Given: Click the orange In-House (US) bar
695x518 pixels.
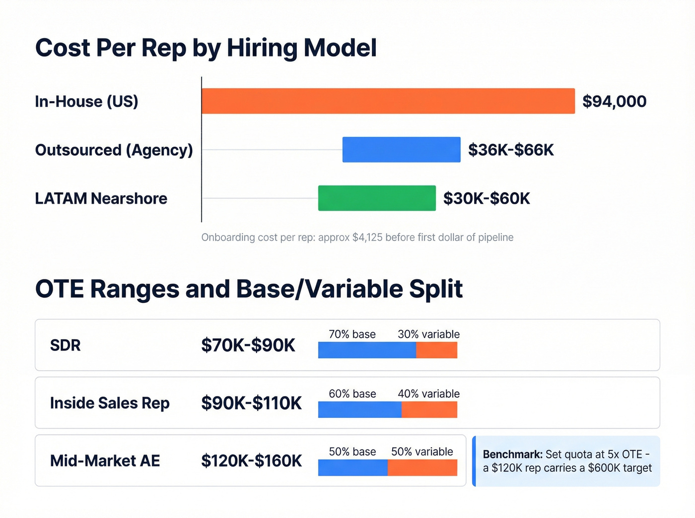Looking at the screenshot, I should pyautogui.click(x=388, y=101).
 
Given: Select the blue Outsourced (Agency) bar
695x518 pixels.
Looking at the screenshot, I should pyautogui.click(x=401, y=150).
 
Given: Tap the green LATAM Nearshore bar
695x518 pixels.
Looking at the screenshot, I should pyautogui.click(x=377, y=198).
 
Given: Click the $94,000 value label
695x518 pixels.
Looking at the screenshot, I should pyautogui.click(x=614, y=102).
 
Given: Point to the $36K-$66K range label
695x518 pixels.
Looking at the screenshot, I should pyautogui.click(x=510, y=150).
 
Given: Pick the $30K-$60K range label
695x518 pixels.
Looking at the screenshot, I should pyautogui.click(x=486, y=199).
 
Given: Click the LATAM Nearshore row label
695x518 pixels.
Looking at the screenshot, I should pyautogui.click(x=101, y=199).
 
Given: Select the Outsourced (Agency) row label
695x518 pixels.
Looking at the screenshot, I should pyautogui.click(x=114, y=150).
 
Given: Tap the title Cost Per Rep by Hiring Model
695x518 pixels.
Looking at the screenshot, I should pyautogui.click(x=206, y=48).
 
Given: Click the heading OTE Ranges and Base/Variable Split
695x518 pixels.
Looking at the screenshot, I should pyautogui.click(x=249, y=289).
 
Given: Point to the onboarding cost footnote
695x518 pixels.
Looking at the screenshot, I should pyautogui.click(x=357, y=237).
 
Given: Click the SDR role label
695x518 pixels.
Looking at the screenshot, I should pyautogui.click(x=65, y=345).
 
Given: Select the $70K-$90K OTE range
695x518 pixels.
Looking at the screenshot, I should pyautogui.click(x=248, y=345).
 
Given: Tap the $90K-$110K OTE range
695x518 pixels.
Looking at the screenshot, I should pyautogui.click(x=251, y=403).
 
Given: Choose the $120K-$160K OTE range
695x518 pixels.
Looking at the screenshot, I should pyautogui.click(x=251, y=461).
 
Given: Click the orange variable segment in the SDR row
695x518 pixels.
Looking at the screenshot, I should pyautogui.click(x=436, y=350).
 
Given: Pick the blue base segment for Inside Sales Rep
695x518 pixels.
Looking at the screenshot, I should pyautogui.click(x=359, y=409).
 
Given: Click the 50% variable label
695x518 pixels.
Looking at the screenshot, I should pyautogui.click(x=422, y=452).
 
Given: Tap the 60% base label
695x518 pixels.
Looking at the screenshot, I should pyautogui.click(x=352, y=394).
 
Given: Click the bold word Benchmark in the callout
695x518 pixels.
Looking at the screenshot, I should pyautogui.click(x=512, y=455).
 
